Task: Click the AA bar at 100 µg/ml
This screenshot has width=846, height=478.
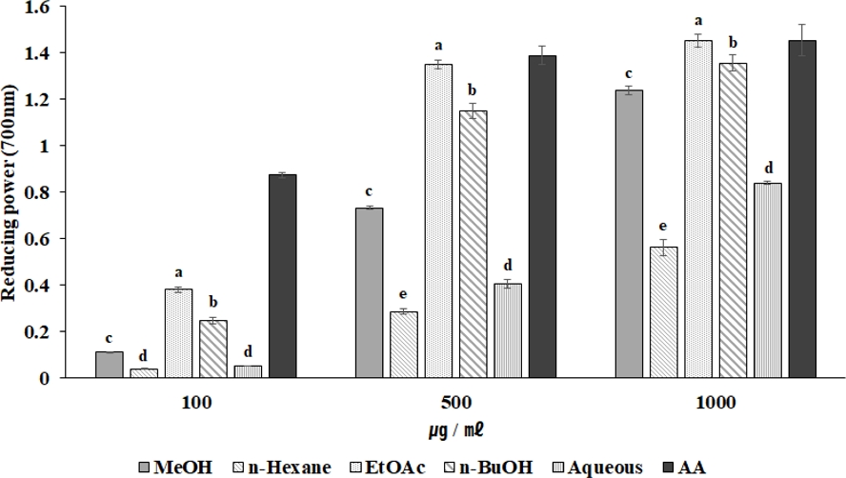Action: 282,276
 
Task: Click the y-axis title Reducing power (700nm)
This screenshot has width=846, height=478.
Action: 11,190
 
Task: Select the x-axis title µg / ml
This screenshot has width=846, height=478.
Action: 455,431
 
